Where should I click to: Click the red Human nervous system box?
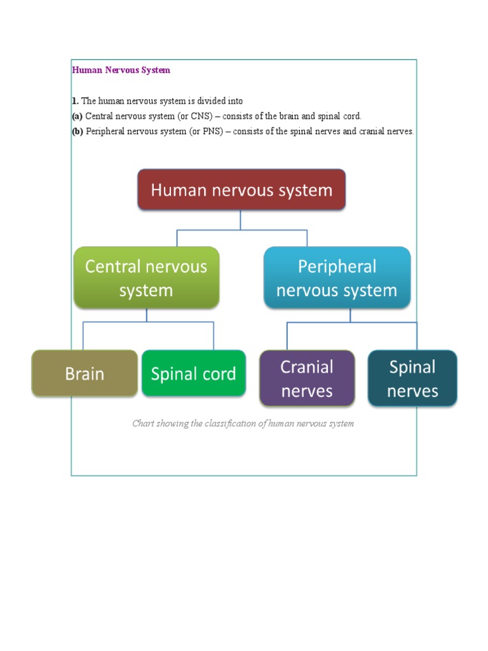pyautogui.click(x=241, y=189)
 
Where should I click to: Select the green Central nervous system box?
pyautogui.click(x=146, y=278)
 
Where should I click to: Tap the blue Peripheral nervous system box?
pyautogui.click(x=337, y=278)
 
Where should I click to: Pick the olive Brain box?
pyautogui.click(x=85, y=373)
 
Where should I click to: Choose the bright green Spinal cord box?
pyautogui.click(x=193, y=373)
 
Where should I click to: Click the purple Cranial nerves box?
pyautogui.click(x=307, y=378)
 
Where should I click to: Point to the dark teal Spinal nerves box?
pyautogui.click(x=412, y=378)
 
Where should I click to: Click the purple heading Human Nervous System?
pyautogui.click(x=121, y=70)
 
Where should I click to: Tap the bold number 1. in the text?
pyautogui.click(x=74, y=101)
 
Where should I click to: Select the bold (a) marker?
pyautogui.click(x=77, y=116)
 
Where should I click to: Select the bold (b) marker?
pyautogui.click(x=77, y=132)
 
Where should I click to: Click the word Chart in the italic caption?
pyautogui.click(x=143, y=423)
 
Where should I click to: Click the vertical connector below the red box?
pyautogui.click(x=241, y=220)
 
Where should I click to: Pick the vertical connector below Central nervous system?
pyautogui.click(x=147, y=315)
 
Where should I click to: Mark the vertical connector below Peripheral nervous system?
pyautogui.click(x=350, y=315)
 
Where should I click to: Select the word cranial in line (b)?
pyautogui.click(x=372, y=132)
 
